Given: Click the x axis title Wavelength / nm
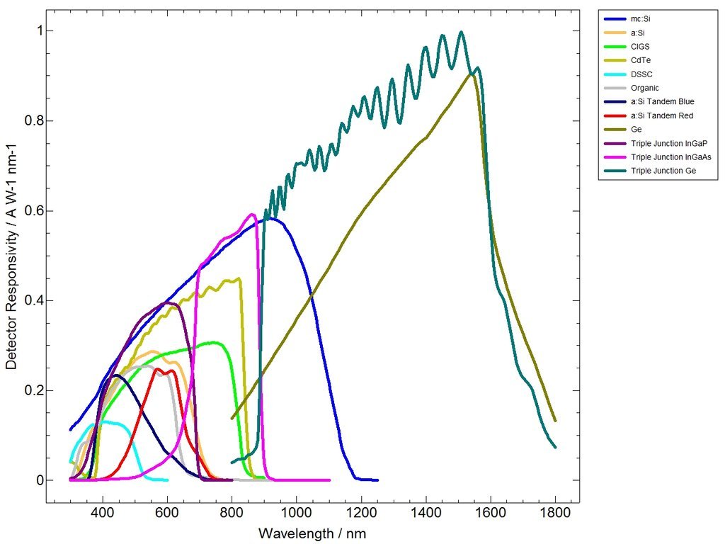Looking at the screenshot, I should click(x=312, y=533).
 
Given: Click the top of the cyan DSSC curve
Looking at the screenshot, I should click(x=103, y=421).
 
